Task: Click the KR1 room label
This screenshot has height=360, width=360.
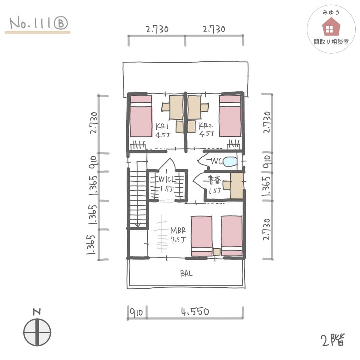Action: (x=162, y=127)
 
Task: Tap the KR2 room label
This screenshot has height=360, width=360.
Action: (x=205, y=126)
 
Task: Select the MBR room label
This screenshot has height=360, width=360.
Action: (x=178, y=230)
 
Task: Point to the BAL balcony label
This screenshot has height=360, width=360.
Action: (x=186, y=273)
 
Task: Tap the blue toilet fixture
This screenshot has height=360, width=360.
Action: (x=230, y=161)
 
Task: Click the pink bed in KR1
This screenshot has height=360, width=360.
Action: (x=141, y=116)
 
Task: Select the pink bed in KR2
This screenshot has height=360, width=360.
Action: (x=230, y=116)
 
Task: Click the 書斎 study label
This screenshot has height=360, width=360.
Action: (x=214, y=180)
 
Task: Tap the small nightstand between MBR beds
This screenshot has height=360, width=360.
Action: (x=217, y=252)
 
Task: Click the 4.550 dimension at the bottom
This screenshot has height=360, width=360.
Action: (x=195, y=312)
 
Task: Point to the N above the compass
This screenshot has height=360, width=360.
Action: (x=37, y=312)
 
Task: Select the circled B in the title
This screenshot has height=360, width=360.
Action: (x=61, y=23)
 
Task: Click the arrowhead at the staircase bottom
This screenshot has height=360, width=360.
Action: (x=138, y=225)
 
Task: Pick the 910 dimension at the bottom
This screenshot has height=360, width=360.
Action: (x=136, y=312)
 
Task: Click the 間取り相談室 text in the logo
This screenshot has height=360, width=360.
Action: (x=331, y=42)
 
